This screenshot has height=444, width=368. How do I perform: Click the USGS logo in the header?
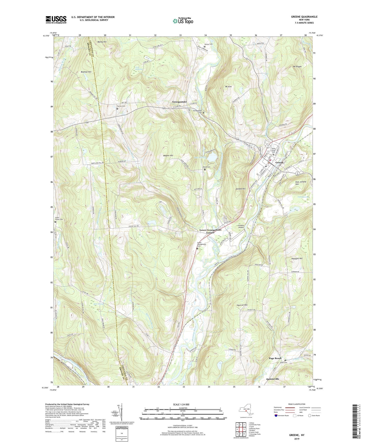[x=56, y=20]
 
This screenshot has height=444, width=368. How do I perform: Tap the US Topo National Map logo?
[x=183, y=21]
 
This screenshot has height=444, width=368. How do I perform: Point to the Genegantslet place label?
[x=180, y=102]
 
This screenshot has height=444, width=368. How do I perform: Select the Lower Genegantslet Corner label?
[x=210, y=231]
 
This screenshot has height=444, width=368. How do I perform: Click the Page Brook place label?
[x=275, y=358]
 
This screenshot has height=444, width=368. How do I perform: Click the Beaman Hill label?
[x=86, y=72]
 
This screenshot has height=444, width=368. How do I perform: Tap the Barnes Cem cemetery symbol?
[x=117, y=109]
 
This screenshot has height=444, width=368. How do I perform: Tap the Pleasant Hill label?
[x=297, y=259]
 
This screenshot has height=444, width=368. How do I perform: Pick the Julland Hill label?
[x=240, y=189]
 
